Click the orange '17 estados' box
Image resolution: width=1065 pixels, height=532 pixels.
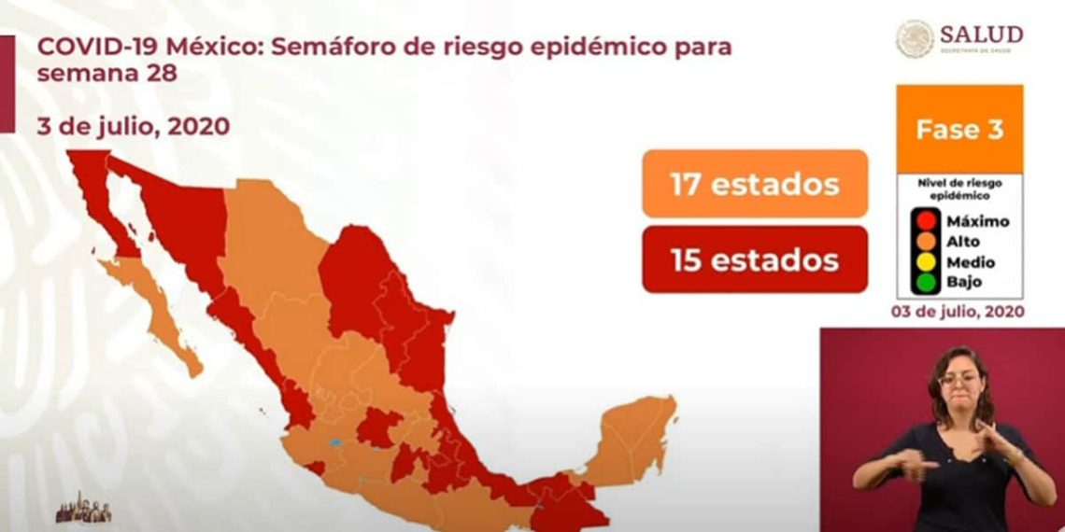point(755,184)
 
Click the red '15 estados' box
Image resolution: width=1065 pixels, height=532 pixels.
point(755,259)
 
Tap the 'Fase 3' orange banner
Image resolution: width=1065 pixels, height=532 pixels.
point(959,129)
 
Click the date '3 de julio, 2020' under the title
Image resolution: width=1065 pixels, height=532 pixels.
point(134,126)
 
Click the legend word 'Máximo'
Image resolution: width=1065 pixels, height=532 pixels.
point(977,222)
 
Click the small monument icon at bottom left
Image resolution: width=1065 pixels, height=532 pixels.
point(84,509)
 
